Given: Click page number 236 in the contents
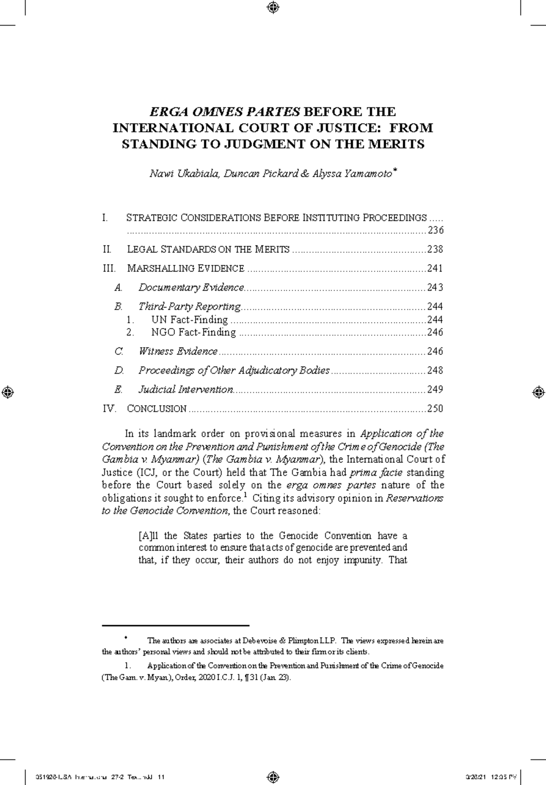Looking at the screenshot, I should pyautogui.click(x=435, y=230).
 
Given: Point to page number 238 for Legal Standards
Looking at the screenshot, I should pyautogui.click(x=435, y=250).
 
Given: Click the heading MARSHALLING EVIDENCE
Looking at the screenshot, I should pyautogui.click(x=186, y=269).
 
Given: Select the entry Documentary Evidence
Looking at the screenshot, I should pyautogui.click(x=191, y=288).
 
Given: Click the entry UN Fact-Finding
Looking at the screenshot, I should pyautogui.click(x=189, y=320).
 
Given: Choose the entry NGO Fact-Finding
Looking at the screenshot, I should pyautogui.click(x=193, y=332).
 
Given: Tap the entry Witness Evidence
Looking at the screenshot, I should pyautogui.click(x=178, y=352).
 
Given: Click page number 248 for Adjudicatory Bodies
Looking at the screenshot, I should pyautogui.click(x=435, y=371).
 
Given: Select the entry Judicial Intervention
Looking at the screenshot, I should pyautogui.click(x=186, y=390).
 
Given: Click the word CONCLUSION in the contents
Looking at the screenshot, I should pyautogui.click(x=157, y=409).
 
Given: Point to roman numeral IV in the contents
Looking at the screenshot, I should pyautogui.click(x=109, y=409).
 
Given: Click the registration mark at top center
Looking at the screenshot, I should pyautogui.click(x=273, y=7).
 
